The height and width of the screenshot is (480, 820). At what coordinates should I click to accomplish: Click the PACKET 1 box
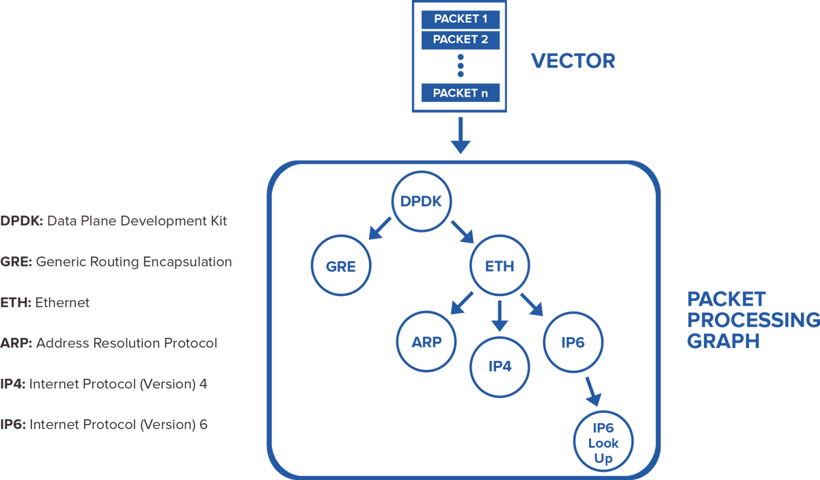(460, 18)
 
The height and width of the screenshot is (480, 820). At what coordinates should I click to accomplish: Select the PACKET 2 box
(460, 40)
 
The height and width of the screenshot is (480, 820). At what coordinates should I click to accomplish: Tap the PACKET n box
(460, 92)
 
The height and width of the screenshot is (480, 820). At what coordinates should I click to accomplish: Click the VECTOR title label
(573, 62)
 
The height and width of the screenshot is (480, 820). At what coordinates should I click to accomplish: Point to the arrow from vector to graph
(461, 135)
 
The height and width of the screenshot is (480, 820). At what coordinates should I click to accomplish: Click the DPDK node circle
(420, 200)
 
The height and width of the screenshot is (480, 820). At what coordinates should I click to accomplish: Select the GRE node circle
(340, 266)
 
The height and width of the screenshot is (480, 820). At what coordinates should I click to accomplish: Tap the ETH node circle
(500, 266)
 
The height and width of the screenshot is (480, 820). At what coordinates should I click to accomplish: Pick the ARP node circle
(426, 342)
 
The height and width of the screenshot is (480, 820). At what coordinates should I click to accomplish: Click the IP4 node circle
(500, 366)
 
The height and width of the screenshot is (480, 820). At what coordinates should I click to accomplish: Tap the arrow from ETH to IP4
(500, 315)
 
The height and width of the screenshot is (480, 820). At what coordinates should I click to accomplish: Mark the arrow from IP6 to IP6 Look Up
(592, 391)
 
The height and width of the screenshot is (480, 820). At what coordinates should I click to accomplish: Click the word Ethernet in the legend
(62, 302)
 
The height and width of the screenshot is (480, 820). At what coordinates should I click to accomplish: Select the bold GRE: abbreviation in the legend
(16, 262)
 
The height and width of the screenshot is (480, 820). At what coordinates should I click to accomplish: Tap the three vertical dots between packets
(460, 66)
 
